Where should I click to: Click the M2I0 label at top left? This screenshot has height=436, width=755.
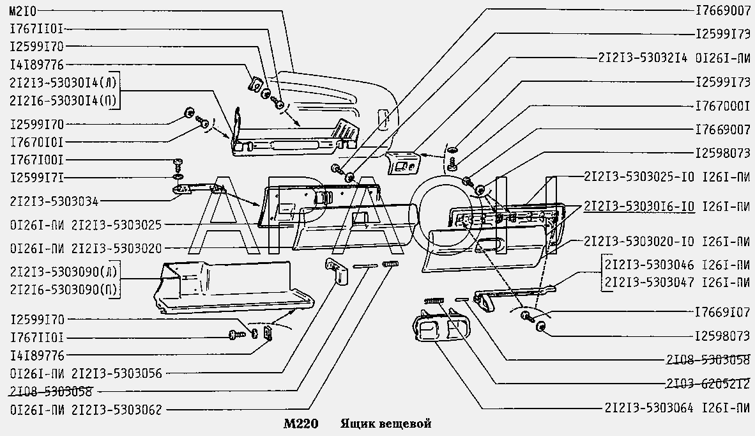click(x=22, y=11)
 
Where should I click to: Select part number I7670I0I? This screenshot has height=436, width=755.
click(x=36, y=143)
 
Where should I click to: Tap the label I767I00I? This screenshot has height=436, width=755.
click(x=36, y=160)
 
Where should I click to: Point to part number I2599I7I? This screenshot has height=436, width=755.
click(x=36, y=178)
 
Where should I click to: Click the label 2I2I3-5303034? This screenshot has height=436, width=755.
click(x=54, y=201)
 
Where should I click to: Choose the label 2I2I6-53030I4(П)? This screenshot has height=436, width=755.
click(x=63, y=101)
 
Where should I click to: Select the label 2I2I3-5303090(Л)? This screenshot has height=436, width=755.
click(x=63, y=272)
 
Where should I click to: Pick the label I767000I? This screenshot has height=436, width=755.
click(x=722, y=106)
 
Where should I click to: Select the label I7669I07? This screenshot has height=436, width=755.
click(x=722, y=313)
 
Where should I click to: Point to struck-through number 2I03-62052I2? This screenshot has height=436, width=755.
click(x=708, y=384)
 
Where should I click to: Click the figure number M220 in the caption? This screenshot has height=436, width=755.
click(x=301, y=424)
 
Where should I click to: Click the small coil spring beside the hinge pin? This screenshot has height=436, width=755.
click(x=390, y=264)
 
